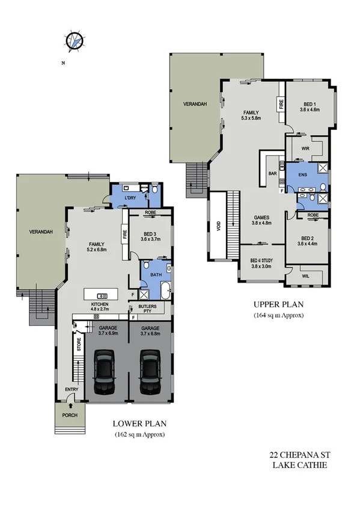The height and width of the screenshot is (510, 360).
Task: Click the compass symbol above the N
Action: tap(73, 41)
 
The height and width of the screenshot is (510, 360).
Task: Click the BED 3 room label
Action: tap(151, 236)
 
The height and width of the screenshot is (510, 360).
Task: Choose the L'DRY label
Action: tap(131, 198)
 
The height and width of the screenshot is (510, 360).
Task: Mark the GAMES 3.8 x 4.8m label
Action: tap(260, 220)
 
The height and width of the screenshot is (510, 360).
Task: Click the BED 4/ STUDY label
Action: tap(261, 263)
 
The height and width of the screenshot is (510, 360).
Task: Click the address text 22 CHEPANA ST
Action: tap(297, 456)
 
